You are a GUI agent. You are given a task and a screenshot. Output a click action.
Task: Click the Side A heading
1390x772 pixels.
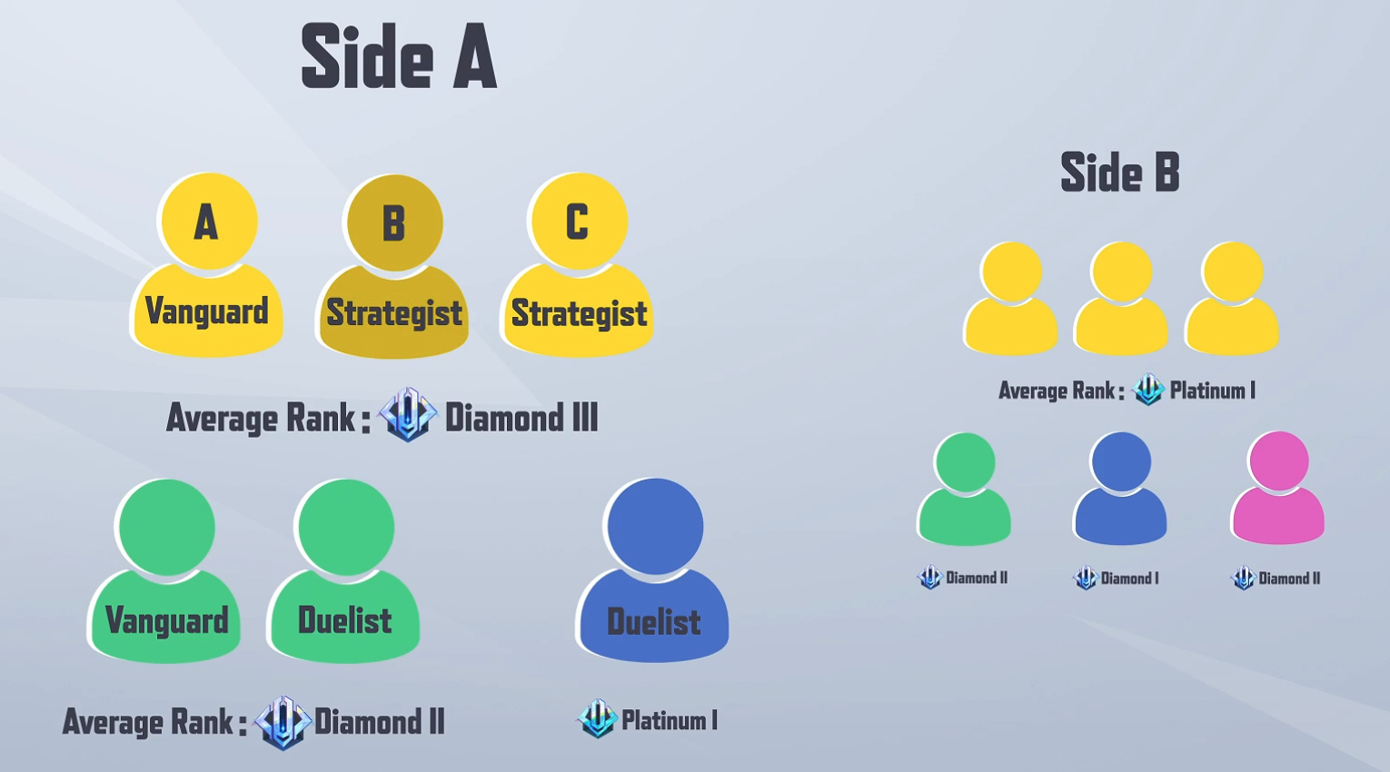click(399, 57)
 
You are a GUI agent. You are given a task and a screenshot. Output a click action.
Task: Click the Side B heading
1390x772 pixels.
click(1120, 172)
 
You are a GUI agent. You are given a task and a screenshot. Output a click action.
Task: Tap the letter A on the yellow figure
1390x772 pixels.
click(206, 223)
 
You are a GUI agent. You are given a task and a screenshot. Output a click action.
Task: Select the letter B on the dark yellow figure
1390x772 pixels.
click(394, 223)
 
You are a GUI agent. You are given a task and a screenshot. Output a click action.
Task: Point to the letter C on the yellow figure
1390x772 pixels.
click(577, 222)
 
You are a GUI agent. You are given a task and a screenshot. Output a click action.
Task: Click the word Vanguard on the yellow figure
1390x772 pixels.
click(206, 311)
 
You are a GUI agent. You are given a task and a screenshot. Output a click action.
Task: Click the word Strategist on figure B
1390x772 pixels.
click(394, 312)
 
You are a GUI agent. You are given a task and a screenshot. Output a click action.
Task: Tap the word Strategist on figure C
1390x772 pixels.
click(579, 312)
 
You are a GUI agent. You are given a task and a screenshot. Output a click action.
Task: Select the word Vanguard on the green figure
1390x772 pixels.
click(167, 620)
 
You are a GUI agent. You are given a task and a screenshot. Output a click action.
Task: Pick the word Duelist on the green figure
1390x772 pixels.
click(345, 620)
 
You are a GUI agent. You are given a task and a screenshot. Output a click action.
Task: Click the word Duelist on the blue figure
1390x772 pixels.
click(653, 622)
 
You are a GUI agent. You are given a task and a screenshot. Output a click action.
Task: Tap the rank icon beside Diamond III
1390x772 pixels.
click(408, 414)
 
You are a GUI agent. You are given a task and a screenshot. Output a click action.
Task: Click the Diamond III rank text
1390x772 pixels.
click(521, 418)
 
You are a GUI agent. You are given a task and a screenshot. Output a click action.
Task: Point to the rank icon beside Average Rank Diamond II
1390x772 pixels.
click(283, 723)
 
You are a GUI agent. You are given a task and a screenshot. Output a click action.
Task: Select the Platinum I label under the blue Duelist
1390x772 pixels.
click(670, 721)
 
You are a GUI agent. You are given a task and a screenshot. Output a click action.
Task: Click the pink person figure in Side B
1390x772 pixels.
click(1278, 488)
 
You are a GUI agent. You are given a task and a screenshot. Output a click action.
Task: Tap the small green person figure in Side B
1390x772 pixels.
click(964, 489)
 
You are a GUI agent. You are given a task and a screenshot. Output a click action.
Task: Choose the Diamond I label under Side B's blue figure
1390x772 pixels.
click(1130, 579)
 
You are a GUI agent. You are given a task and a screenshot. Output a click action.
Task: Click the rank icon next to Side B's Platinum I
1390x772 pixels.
click(1148, 389)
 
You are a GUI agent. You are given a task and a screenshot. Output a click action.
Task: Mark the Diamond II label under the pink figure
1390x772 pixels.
click(1289, 579)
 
